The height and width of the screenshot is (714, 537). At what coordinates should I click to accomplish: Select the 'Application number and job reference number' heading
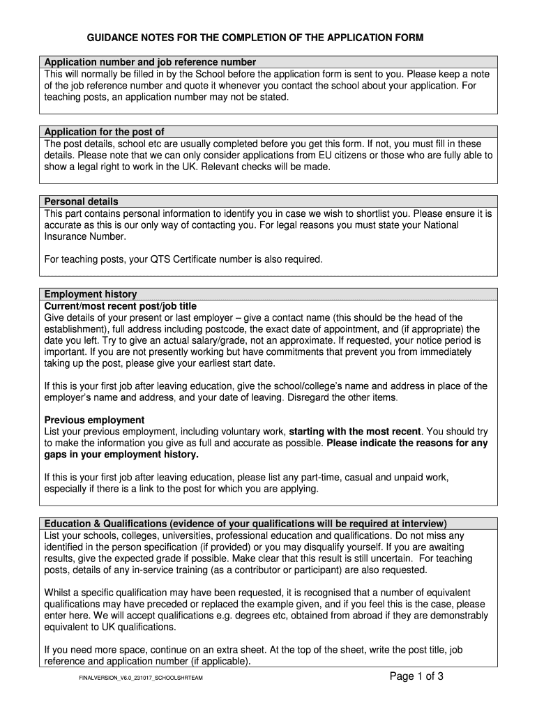click(150, 62)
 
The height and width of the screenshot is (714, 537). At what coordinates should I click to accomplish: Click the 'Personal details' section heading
click(81, 202)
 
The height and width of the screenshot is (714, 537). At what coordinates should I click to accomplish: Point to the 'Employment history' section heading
click(91, 294)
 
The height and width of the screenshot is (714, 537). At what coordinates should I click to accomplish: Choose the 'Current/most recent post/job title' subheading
click(120, 306)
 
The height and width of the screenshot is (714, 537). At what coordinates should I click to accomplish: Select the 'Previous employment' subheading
click(94, 420)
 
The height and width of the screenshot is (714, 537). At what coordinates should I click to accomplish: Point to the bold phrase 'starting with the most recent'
click(354, 432)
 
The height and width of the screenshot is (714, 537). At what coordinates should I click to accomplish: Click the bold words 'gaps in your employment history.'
click(121, 455)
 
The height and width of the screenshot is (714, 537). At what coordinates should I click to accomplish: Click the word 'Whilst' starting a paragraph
click(59, 593)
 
